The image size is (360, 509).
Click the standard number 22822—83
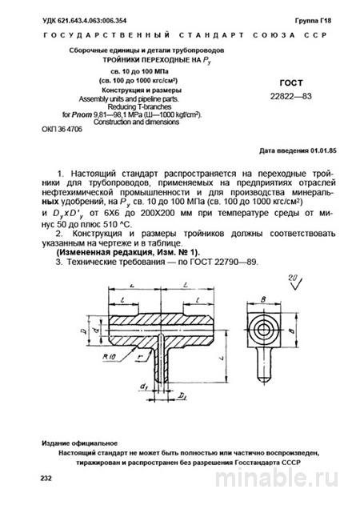[290, 97]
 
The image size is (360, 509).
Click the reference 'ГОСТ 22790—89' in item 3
[226, 263]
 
